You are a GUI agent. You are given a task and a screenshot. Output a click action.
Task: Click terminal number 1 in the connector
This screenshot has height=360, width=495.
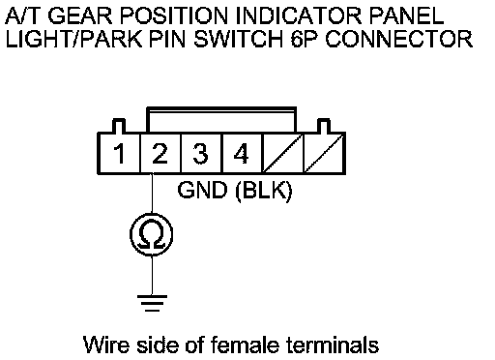[x=120, y=154]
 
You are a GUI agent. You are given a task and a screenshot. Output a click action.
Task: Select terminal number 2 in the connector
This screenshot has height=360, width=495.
[x=160, y=154]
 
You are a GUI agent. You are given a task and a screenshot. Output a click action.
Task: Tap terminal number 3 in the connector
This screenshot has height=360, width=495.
[x=200, y=154]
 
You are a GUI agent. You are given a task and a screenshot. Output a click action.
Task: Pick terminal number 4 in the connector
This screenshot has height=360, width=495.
[x=241, y=154]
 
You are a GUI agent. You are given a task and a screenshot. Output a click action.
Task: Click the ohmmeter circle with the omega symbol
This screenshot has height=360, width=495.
[x=152, y=234]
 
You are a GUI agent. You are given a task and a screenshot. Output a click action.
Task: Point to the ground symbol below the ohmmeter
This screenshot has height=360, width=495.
[x=152, y=303]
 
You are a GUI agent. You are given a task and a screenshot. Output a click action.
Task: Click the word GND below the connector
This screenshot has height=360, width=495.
[x=202, y=190]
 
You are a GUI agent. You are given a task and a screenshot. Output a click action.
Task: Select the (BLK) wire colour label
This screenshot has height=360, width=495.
[x=264, y=191]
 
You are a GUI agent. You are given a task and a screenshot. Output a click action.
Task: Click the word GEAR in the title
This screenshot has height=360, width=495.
[x=80, y=15]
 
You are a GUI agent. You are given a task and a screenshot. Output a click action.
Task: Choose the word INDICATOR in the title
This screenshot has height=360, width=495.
[x=299, y=15]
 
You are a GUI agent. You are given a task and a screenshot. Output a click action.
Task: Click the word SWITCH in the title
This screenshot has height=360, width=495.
[x=239, y=39]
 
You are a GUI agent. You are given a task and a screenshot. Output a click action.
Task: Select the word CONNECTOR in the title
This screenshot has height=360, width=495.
[x=399, y=39]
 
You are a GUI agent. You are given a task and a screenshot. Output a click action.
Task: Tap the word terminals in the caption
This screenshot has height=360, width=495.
[x=333, y=345]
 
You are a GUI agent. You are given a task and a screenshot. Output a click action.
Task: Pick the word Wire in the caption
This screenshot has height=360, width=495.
[x=105, y=345]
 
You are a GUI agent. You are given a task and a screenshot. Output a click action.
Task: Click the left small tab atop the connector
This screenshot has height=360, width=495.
[x=119, y=126]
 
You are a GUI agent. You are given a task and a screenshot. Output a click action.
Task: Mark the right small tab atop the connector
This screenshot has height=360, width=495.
[x=324, y=126]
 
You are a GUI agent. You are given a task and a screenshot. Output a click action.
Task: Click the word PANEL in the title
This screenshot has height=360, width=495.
[x=406, y=15]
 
